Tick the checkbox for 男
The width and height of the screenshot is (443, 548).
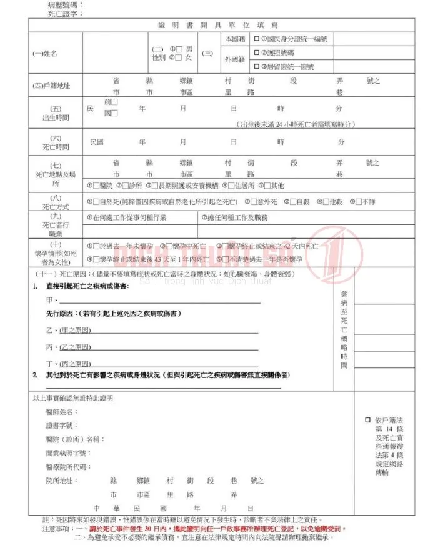[179, 49]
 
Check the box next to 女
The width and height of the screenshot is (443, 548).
[179, 57]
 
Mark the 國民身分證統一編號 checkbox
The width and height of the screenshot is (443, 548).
[256, 39]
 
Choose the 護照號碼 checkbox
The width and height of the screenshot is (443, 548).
[256, 52]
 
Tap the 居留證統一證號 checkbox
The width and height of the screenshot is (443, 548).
[256, 66]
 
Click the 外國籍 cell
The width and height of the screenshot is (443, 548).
[234, 60]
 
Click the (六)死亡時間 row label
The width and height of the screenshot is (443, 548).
[52, 142]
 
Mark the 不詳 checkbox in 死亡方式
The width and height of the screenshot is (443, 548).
[359, 201]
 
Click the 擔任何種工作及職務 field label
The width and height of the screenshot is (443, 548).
[234, 217]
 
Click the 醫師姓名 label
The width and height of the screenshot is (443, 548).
[62, 412]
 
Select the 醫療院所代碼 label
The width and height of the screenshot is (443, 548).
[69, 467]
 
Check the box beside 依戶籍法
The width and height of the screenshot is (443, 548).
[367, 420]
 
